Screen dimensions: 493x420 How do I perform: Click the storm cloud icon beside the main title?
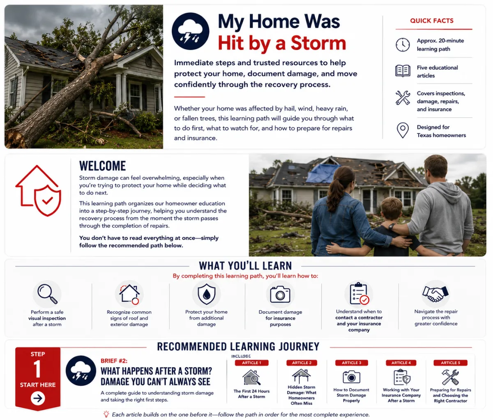(190, 31)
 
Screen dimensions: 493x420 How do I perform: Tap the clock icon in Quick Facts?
(403, 45)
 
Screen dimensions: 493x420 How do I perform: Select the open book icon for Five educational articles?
(403, 71)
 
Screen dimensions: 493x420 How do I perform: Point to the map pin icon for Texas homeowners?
(403, 130)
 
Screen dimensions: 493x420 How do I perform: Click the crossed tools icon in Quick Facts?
(403, 98)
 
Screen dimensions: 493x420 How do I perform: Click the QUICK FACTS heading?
(432, 21)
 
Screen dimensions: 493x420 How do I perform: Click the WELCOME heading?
(102, 166)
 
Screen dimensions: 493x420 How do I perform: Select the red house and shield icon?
(38, 191)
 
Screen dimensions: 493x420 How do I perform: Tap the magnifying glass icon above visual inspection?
(47, 294)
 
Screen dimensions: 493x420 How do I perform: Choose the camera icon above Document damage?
(280, 294)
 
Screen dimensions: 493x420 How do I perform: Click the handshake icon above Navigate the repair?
(435, 294)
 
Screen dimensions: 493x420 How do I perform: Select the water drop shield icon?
(207, 294)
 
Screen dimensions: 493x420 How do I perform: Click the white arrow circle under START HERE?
(38, 398)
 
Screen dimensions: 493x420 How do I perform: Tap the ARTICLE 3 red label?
(352, 363)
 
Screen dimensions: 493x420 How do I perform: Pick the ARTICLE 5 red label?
(450, 363)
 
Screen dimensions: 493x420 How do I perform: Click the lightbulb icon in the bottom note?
(106, 414)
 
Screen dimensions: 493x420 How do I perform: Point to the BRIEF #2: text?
(114, 361)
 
